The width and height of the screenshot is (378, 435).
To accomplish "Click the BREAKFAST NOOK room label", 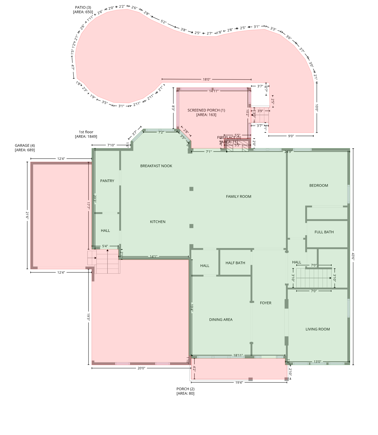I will click(x=156, y=166).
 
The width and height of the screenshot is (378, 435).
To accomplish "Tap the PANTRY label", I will click(x=107, y=181).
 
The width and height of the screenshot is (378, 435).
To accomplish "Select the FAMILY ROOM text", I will click(x=238, y=196).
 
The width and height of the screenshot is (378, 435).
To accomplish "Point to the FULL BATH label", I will click(x=324, y=232).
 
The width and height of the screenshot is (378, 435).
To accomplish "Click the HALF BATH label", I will click(x=235, y=263).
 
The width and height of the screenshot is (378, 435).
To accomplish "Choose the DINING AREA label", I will click(x=221, y=319).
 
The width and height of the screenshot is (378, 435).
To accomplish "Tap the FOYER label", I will click(x=265, y=303).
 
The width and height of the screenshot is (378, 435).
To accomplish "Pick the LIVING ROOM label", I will click(x=317, y=329).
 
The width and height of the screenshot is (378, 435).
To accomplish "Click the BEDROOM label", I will click(x=319, y=185).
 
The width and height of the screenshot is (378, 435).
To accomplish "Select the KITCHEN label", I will click(x=157, y=222).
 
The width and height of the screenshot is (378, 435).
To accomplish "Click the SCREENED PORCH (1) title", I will click(x=206, y=110).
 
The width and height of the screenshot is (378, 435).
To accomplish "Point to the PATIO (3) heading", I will click(x=83, y=7).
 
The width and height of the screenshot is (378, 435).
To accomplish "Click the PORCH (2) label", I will click(x=185, y=389).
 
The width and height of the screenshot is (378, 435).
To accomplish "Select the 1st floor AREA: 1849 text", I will click(x=86, y=137).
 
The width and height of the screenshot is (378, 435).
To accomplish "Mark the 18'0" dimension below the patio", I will click(x=206, y=80).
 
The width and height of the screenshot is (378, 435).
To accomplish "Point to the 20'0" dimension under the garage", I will click(x=141, y=368).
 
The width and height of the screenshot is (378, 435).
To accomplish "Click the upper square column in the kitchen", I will click(x=191, y=189).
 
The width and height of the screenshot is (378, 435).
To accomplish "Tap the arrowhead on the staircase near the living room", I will click(x=330, y=278).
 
